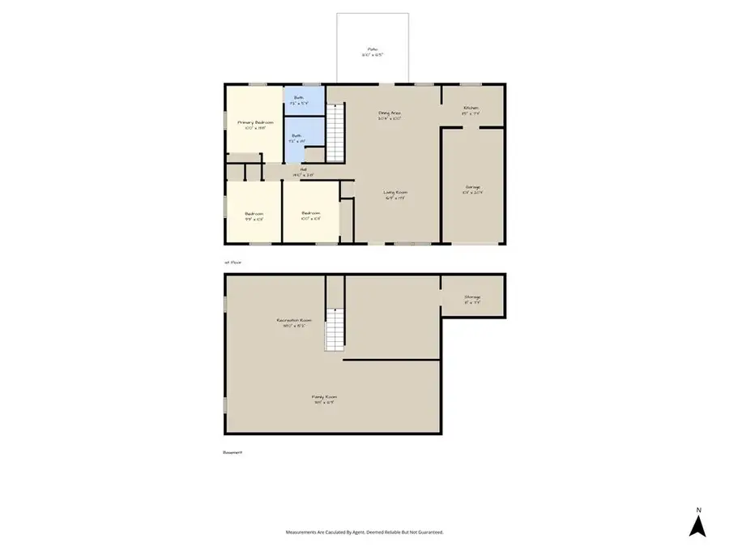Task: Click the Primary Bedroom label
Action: (254, 122)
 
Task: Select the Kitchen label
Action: (471, 109)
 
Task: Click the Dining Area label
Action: (390, 113)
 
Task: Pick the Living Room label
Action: (394, 193)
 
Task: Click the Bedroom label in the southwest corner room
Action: (254, 215)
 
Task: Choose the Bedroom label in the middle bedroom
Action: (311, 215)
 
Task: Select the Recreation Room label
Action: (294, 322)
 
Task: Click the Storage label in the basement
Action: (472, 298)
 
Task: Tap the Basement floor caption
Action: (232, 452)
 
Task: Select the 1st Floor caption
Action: (232, 262)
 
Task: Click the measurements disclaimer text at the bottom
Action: (364, 532)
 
